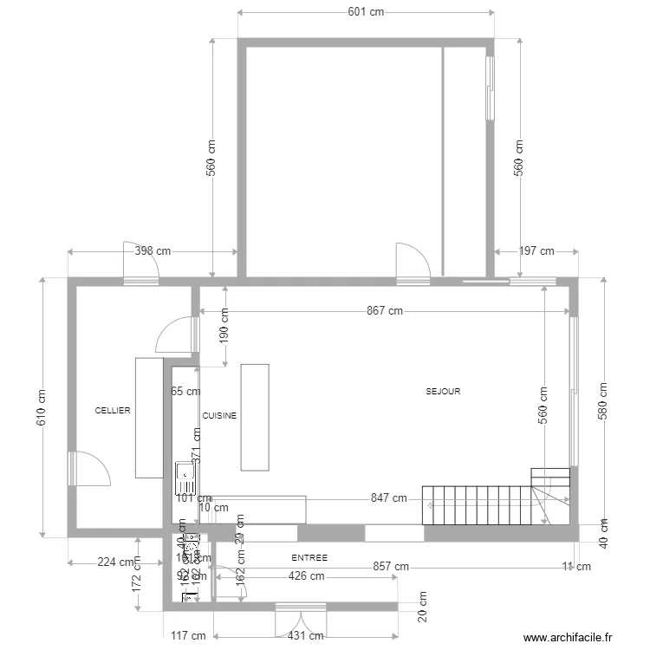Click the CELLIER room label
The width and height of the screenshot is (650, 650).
tap(113, 411)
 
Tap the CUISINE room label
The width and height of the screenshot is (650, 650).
tap(219, 416)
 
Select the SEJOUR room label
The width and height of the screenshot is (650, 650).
tap(443, 392)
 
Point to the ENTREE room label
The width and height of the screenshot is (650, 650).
tap(309, 557)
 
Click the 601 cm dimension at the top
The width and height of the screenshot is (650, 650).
tap(366, 12)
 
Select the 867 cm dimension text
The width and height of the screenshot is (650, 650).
tap(385, 310)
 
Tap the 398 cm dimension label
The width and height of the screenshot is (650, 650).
tap(153, 251)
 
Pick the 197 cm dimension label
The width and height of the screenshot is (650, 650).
tap(536, 251)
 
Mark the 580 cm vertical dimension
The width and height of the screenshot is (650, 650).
tap(604, 400)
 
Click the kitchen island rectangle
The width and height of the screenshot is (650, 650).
tap(255, 417)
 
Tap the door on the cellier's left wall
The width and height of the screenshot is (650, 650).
tap(87, 468)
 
